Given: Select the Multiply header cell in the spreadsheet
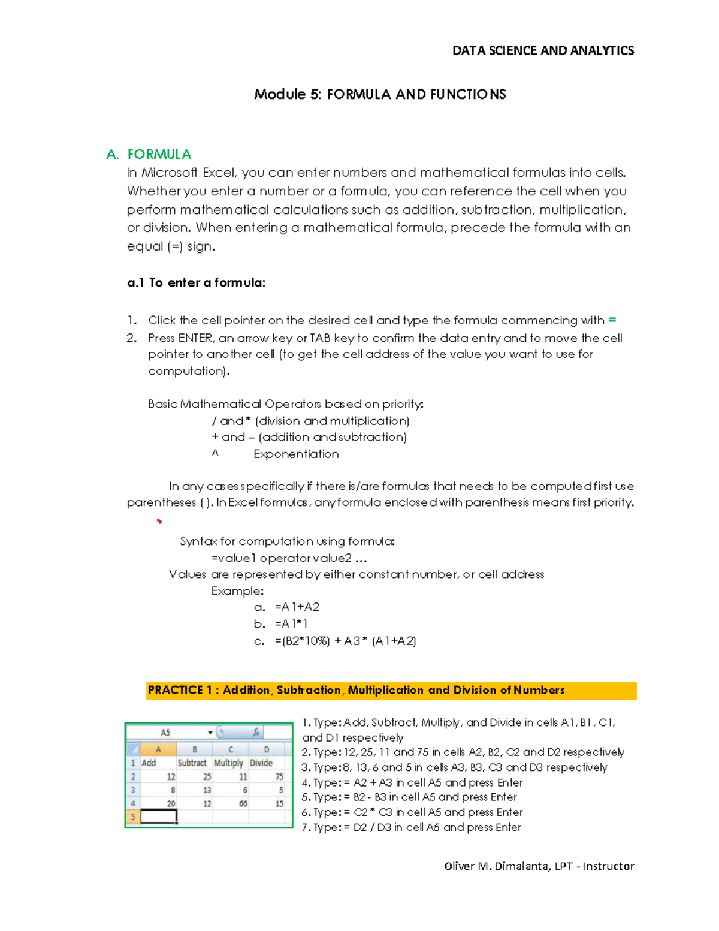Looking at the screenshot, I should pyautogui.click(x=228, y=763).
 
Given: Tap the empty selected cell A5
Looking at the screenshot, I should pyautogui.click(x=159, y=816).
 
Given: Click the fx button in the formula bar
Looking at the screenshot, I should pyautogui.click(x=256, y=733).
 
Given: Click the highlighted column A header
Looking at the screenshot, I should pyautogui.click(x=158, y=749).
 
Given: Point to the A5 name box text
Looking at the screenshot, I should pyautogui.click(x=165, y=733).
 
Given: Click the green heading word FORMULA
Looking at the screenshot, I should pyautogui.click(x=159, y=155).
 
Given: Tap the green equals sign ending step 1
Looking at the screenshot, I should pyautogui.click(x=612, y=320).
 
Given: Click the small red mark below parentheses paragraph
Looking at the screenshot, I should pyautogui.click(x=159, y=522).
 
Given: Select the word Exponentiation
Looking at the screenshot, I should pyautogui.click(x=296, y=454).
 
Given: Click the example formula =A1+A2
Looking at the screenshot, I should pyautogui.click(x=297, y=607).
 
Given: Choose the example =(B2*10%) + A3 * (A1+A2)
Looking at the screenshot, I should pyautogui.click(x=345, y=641).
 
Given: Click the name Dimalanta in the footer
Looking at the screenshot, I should pyautogui.click(x=521, y=866).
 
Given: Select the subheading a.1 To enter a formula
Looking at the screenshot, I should pyautogui.click(x=196, y=283).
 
